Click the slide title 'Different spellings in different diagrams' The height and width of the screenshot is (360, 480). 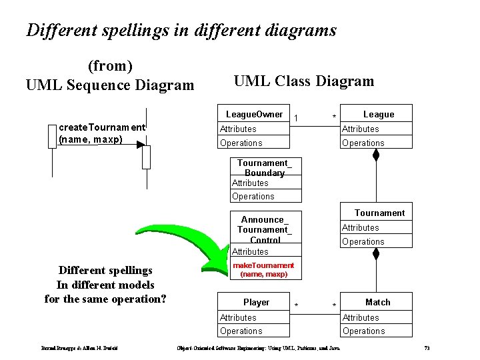[181, 30]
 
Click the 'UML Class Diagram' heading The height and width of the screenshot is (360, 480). [304, 81]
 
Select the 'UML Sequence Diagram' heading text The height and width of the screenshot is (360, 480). [110, 85]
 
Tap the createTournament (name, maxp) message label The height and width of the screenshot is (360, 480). [101, 133]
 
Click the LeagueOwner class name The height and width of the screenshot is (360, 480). [254, 115]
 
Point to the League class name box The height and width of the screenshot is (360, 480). [378, 115]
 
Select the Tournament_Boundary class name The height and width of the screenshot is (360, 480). [265, 167]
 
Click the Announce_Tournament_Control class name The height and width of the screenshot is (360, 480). [265, 229]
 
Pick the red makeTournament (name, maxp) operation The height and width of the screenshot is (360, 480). [263, 269]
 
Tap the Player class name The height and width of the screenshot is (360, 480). [256, 302]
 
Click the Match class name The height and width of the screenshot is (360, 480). [377, 302]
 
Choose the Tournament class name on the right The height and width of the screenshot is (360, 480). [379, 213]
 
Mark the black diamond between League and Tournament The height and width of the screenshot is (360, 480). [376, 155]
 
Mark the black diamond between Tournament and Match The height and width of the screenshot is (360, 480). [376, 254]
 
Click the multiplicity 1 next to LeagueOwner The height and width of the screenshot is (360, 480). [295, 118]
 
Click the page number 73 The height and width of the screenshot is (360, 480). [427, 349]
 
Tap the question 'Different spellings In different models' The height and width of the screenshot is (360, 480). [105, 285]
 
